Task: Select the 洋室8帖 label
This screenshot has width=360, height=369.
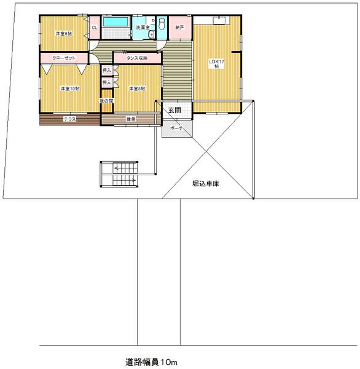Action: click(x=137, y=89)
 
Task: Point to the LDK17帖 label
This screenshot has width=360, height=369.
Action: click(x=216, y=63)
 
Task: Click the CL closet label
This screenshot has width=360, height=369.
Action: click(x=95, y=28)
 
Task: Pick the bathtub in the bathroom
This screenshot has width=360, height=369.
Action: click(x=115, y=22)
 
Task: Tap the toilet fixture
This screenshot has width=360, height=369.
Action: click(x=162, y=24)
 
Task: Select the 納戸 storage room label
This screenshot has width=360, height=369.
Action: click(x=179, y=28)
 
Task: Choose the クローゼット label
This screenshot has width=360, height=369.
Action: click(x=63, y=58)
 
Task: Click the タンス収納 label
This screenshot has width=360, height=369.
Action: click(x=137, y=58)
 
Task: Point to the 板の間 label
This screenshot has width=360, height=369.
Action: click(x=106, y=100)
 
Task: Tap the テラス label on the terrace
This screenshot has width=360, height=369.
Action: click(x=69, y=119)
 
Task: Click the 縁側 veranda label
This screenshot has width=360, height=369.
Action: click(x=131, y=119)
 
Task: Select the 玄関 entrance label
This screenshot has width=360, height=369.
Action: click(x=174, y=110)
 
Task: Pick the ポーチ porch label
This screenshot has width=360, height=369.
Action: click(x=177, y=129)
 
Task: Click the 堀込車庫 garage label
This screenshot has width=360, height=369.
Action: click(x=206, y=183)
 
